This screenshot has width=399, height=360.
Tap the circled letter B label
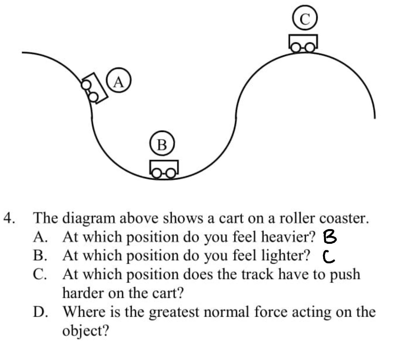pyautogui.click(x=162, y=145)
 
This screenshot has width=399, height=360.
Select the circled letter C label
pyautogui.click(x=305, y=18)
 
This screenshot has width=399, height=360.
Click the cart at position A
pyautogui.click(x=94, y=88)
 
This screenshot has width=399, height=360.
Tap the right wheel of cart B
pyautogui.click(x=171, y=173)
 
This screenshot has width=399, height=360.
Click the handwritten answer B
pyautogui.click(x=330, y=238)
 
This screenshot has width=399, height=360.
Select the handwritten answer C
pyautogui.click(x=329, y=257)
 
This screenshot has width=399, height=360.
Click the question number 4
pyautogui.click(x=9, y=218)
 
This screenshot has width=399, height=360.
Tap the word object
pyautogui.click(x=85, y=331)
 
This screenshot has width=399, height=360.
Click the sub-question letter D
pyautogui.click(x=40, y=312)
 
